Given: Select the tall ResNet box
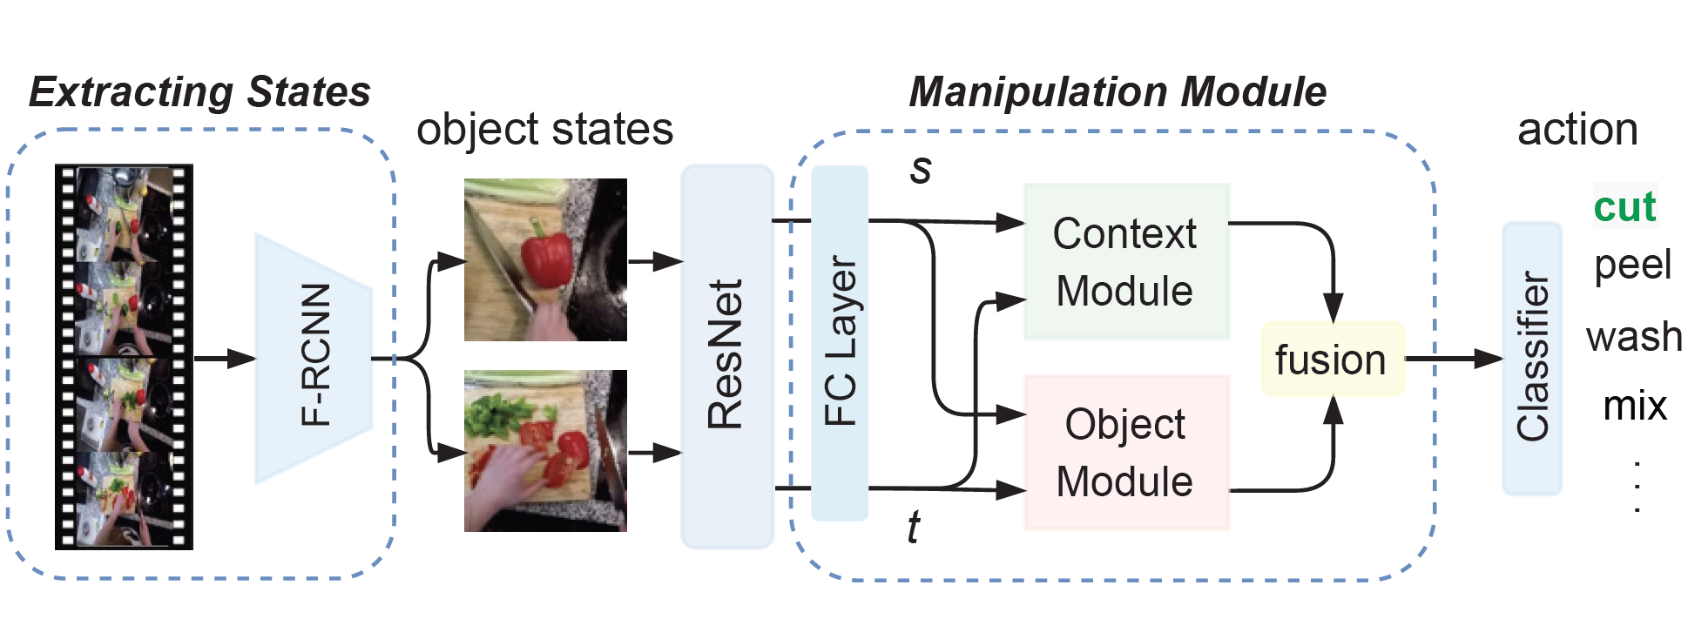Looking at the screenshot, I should click(x=726, y=357).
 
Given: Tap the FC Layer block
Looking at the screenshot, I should click(x=840, y=344).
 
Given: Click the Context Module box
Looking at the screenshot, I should click(x=1125, y=262).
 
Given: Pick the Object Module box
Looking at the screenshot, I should click(x=1125, y=453).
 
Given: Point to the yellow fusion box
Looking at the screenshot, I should click(x=1332, y=360).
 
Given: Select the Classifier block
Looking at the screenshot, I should click(x=1532, y=358).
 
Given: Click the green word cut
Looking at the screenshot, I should click(x=1624, y=207).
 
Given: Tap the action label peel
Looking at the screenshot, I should click(x=1632, y=265).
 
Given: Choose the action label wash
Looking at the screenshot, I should click(x=1634, y=336).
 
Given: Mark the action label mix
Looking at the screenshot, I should click(x=1635, y=406).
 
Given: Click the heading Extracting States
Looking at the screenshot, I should click(x=200, y=92).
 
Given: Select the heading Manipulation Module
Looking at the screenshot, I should click(x=1117, y=92).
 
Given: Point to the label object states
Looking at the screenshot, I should click(x=544, y=130).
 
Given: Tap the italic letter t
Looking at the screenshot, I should click(x=913, y=528).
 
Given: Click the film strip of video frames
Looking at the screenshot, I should click(x=124, y=357).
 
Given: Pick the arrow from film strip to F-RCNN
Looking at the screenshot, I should click(x=224, y=358).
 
